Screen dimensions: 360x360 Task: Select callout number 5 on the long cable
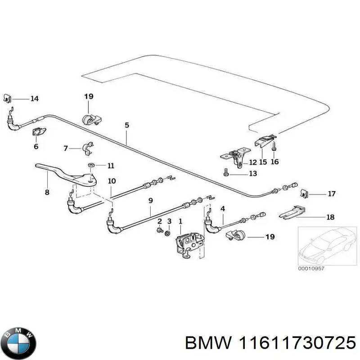point(126,125)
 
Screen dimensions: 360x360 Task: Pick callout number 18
point(330,217)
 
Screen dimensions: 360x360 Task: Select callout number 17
point(332,194)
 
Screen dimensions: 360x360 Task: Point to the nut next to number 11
point(90,166)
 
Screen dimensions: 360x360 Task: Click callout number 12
point(252,162)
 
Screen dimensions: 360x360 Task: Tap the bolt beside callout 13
point(226,173)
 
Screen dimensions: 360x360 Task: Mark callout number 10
point(112,181)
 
